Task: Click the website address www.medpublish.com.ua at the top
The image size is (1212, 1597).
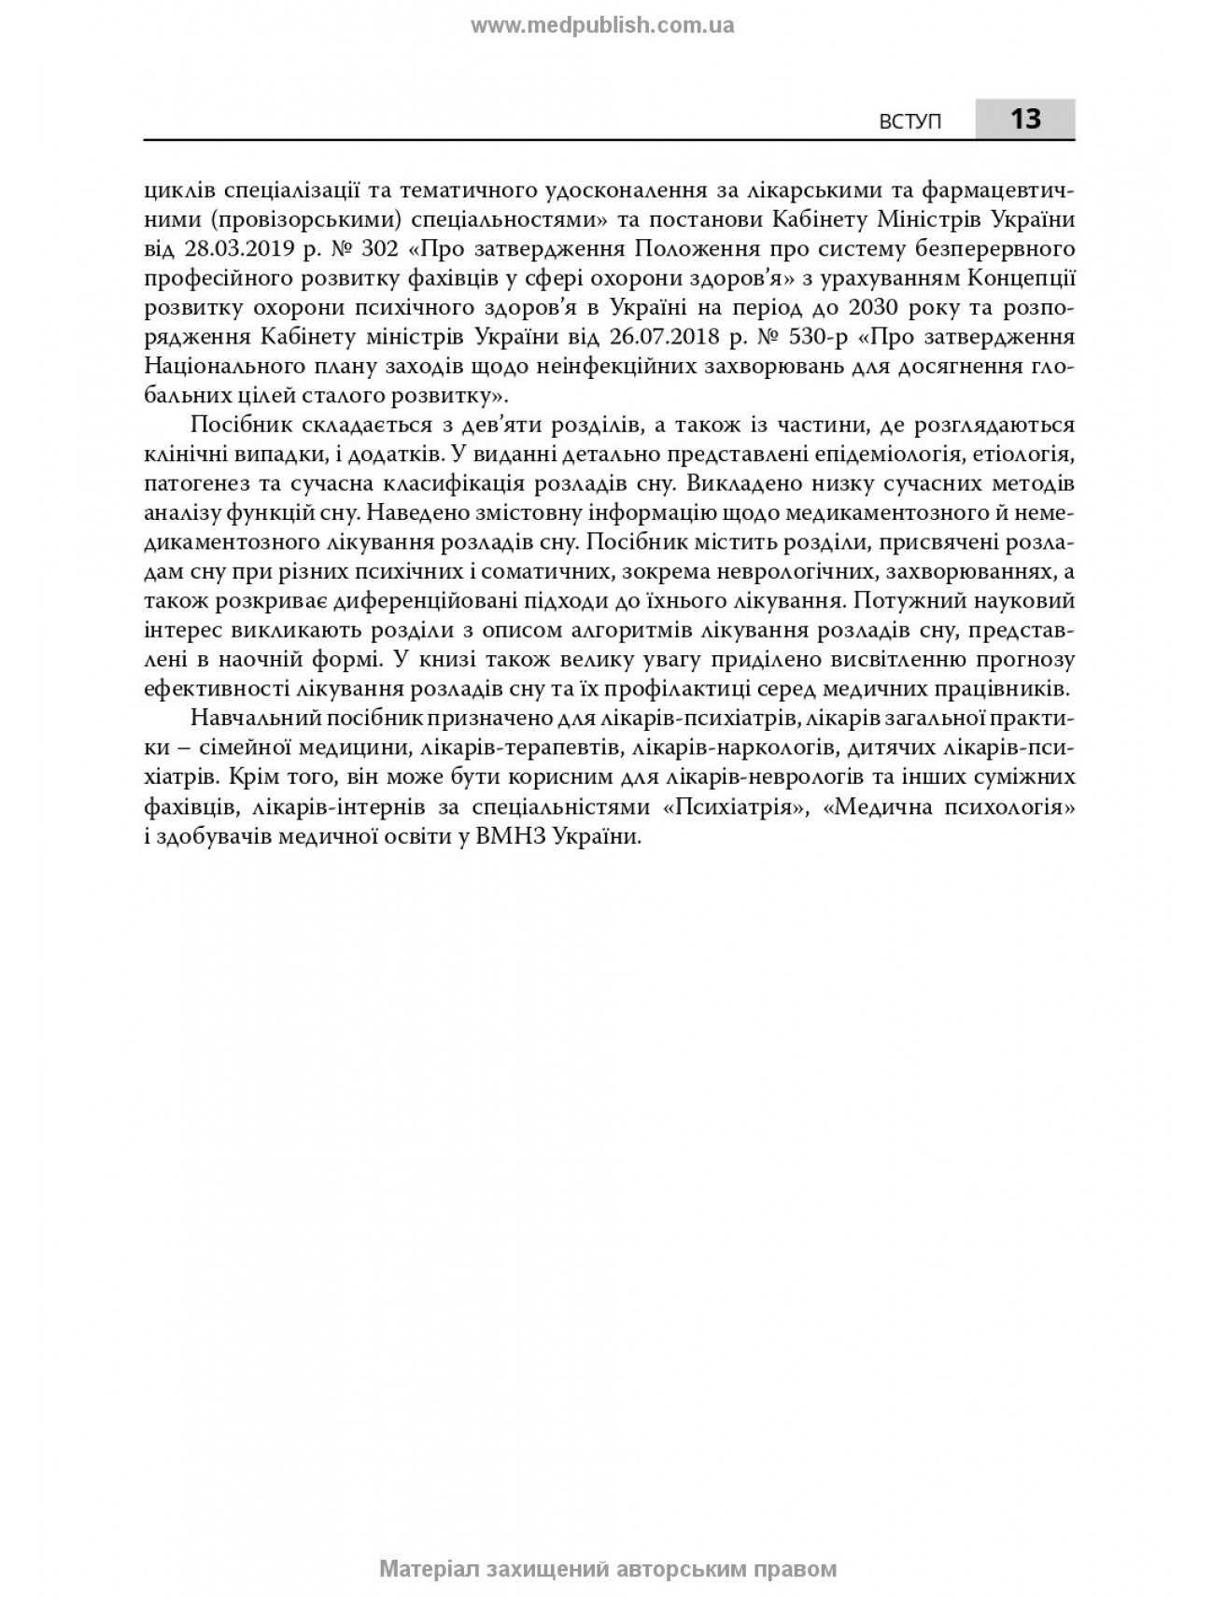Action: click(x=602, y=26)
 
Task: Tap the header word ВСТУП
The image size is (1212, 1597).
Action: click(x=911, y=121)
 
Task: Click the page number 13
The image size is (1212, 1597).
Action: click(x=1024, y=119)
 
